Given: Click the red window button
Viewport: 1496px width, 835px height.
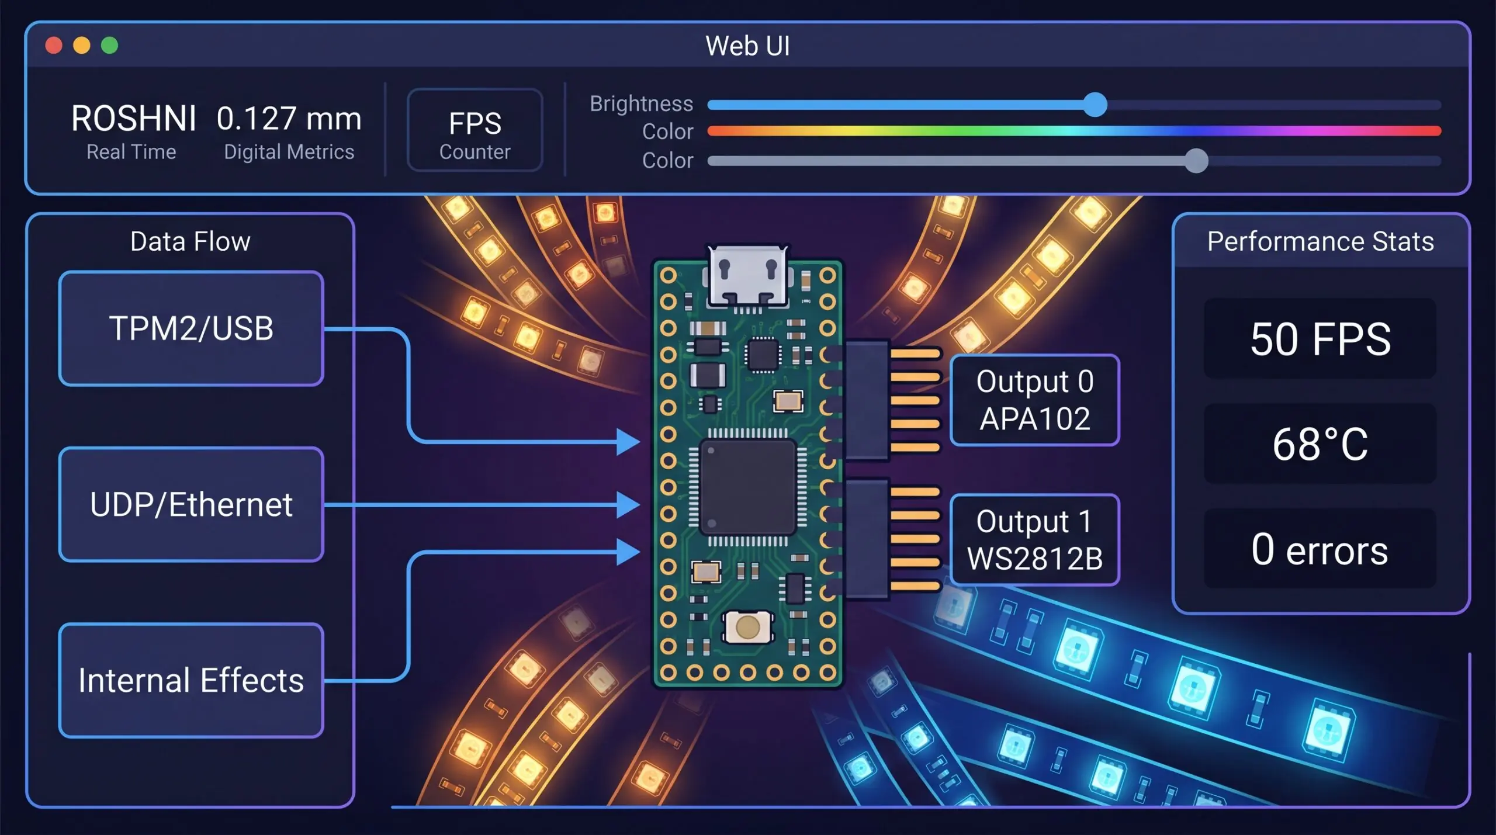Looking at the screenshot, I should pos(54,46).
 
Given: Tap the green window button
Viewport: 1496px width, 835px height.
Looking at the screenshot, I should pos(109,46).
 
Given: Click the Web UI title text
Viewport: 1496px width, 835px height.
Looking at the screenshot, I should pos(747,46).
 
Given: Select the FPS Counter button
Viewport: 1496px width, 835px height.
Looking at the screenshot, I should pos(475,130).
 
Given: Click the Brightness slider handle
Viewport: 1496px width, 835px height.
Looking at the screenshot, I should pos(1095,105).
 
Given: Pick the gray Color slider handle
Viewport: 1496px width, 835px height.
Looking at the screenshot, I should pos(1196,161).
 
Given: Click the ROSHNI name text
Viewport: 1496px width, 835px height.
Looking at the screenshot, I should pos(133,119).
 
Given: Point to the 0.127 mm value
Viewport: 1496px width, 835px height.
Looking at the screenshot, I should pos(289,119).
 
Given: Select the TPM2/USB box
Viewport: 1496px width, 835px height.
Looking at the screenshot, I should pos(191,328).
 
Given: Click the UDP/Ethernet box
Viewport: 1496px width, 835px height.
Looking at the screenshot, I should pos(191,505).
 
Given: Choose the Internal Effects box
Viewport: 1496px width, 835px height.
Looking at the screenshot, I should pos(191,681).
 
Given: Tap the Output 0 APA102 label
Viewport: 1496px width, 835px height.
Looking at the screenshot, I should pos(1034,400).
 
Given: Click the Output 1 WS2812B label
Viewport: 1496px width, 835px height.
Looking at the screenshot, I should pos(1034,540).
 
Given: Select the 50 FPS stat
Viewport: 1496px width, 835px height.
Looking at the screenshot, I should pos(1320,339).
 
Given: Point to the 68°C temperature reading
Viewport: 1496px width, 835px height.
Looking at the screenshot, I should pos(1320,444).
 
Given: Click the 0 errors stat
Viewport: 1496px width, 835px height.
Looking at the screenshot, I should pos(1320,549).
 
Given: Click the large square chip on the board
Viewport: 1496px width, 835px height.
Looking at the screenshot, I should pos(747,487).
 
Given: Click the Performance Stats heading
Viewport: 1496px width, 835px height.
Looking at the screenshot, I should pos(1320,241).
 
